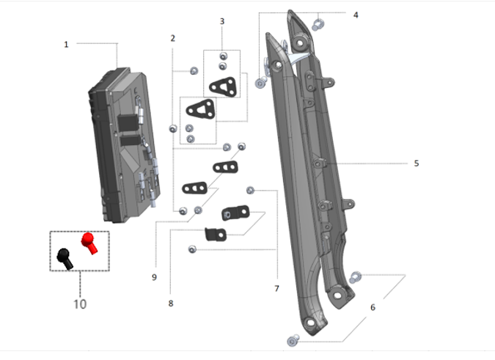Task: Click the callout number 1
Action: click(66, 44)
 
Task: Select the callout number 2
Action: click(173, 37)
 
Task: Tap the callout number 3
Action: click(222, 21)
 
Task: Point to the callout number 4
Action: click(356, 15)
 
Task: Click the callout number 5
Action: click(416, 163)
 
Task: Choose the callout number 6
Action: click(373, 307)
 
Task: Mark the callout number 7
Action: click(276, 288)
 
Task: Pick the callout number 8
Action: click(170, 302)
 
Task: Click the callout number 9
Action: click(154, 277)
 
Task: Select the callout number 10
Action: click(80, 304)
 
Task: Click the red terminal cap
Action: click(89, 243)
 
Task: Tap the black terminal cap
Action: click(65, 257)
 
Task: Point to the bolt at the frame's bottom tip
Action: click(293, 340)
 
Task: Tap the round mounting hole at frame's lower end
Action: click(340, 294)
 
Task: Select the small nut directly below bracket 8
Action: click(192, 249)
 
